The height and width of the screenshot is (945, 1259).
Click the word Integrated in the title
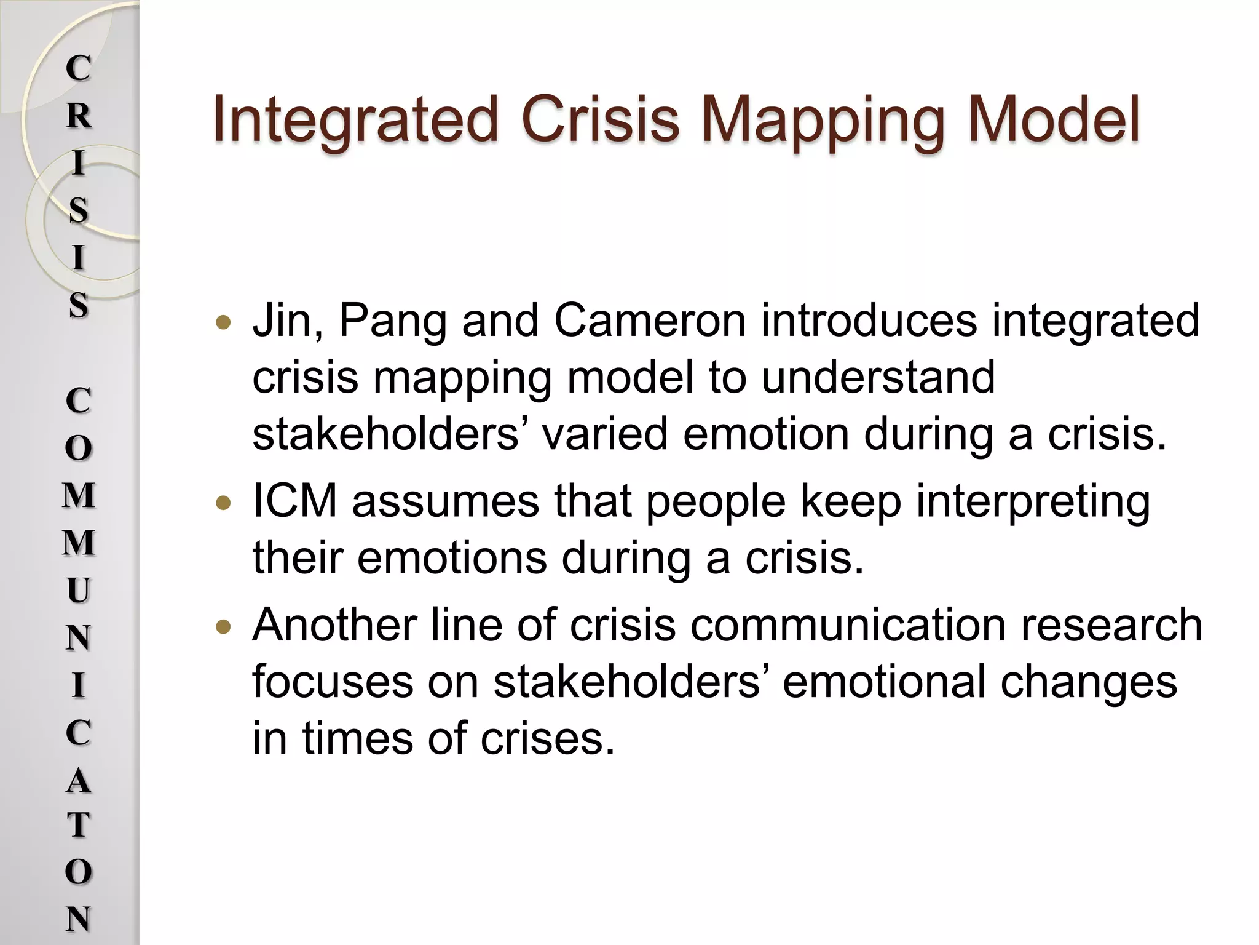coord(354,119)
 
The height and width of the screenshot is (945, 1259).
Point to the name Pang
coord(393,322)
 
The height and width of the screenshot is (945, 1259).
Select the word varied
coord(605,434)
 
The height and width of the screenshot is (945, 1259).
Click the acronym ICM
coord(295,501)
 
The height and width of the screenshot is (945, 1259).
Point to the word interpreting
coord(1033,502)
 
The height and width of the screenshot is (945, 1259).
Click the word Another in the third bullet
coord(333,625)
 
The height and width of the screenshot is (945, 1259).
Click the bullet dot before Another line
coord(224,628)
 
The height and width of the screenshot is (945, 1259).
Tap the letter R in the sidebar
coord(78,116)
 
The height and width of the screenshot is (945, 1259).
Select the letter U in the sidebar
coord(78,591)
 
